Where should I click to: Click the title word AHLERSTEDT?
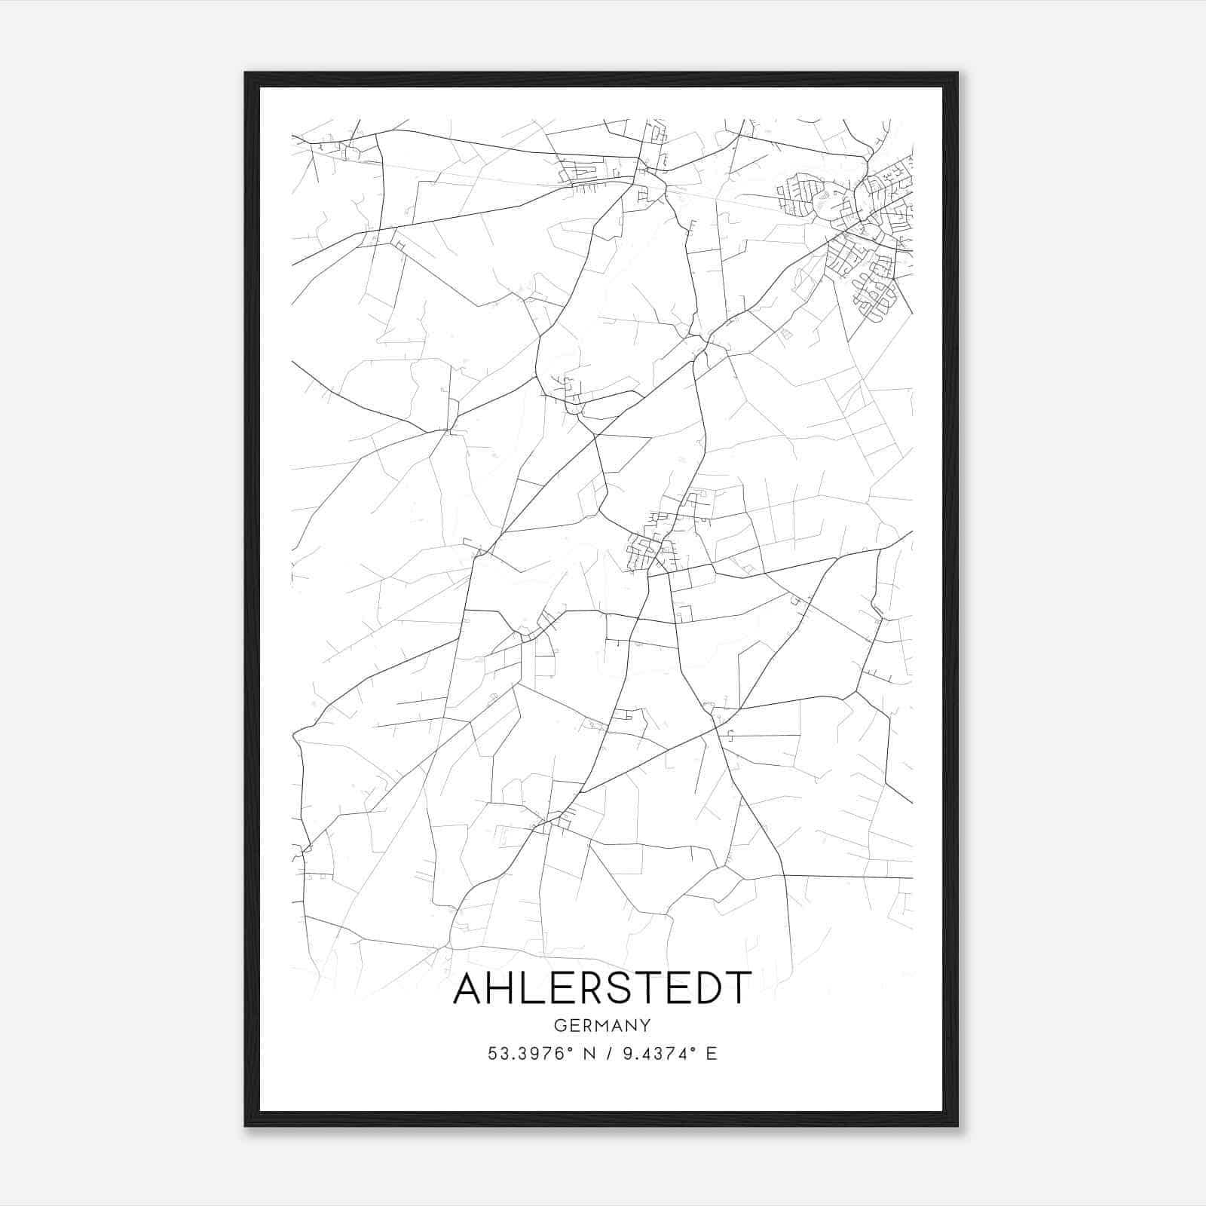click(x=602, y=987)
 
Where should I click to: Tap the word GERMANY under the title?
click(x=602, y=1026)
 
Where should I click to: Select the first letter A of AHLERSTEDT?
click(x=469, y=987)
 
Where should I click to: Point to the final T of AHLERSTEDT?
click(x=738, y=987)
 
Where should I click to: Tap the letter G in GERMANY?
click(x=560, y=1026)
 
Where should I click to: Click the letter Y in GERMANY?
click(x=645, y=1026)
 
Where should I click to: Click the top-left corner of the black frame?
click(x=246, y=73)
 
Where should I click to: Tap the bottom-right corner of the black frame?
click(x=957, y=1125)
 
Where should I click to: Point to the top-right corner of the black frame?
click(x=957, y=73)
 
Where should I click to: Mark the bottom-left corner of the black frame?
click(x=246, y=1125)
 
